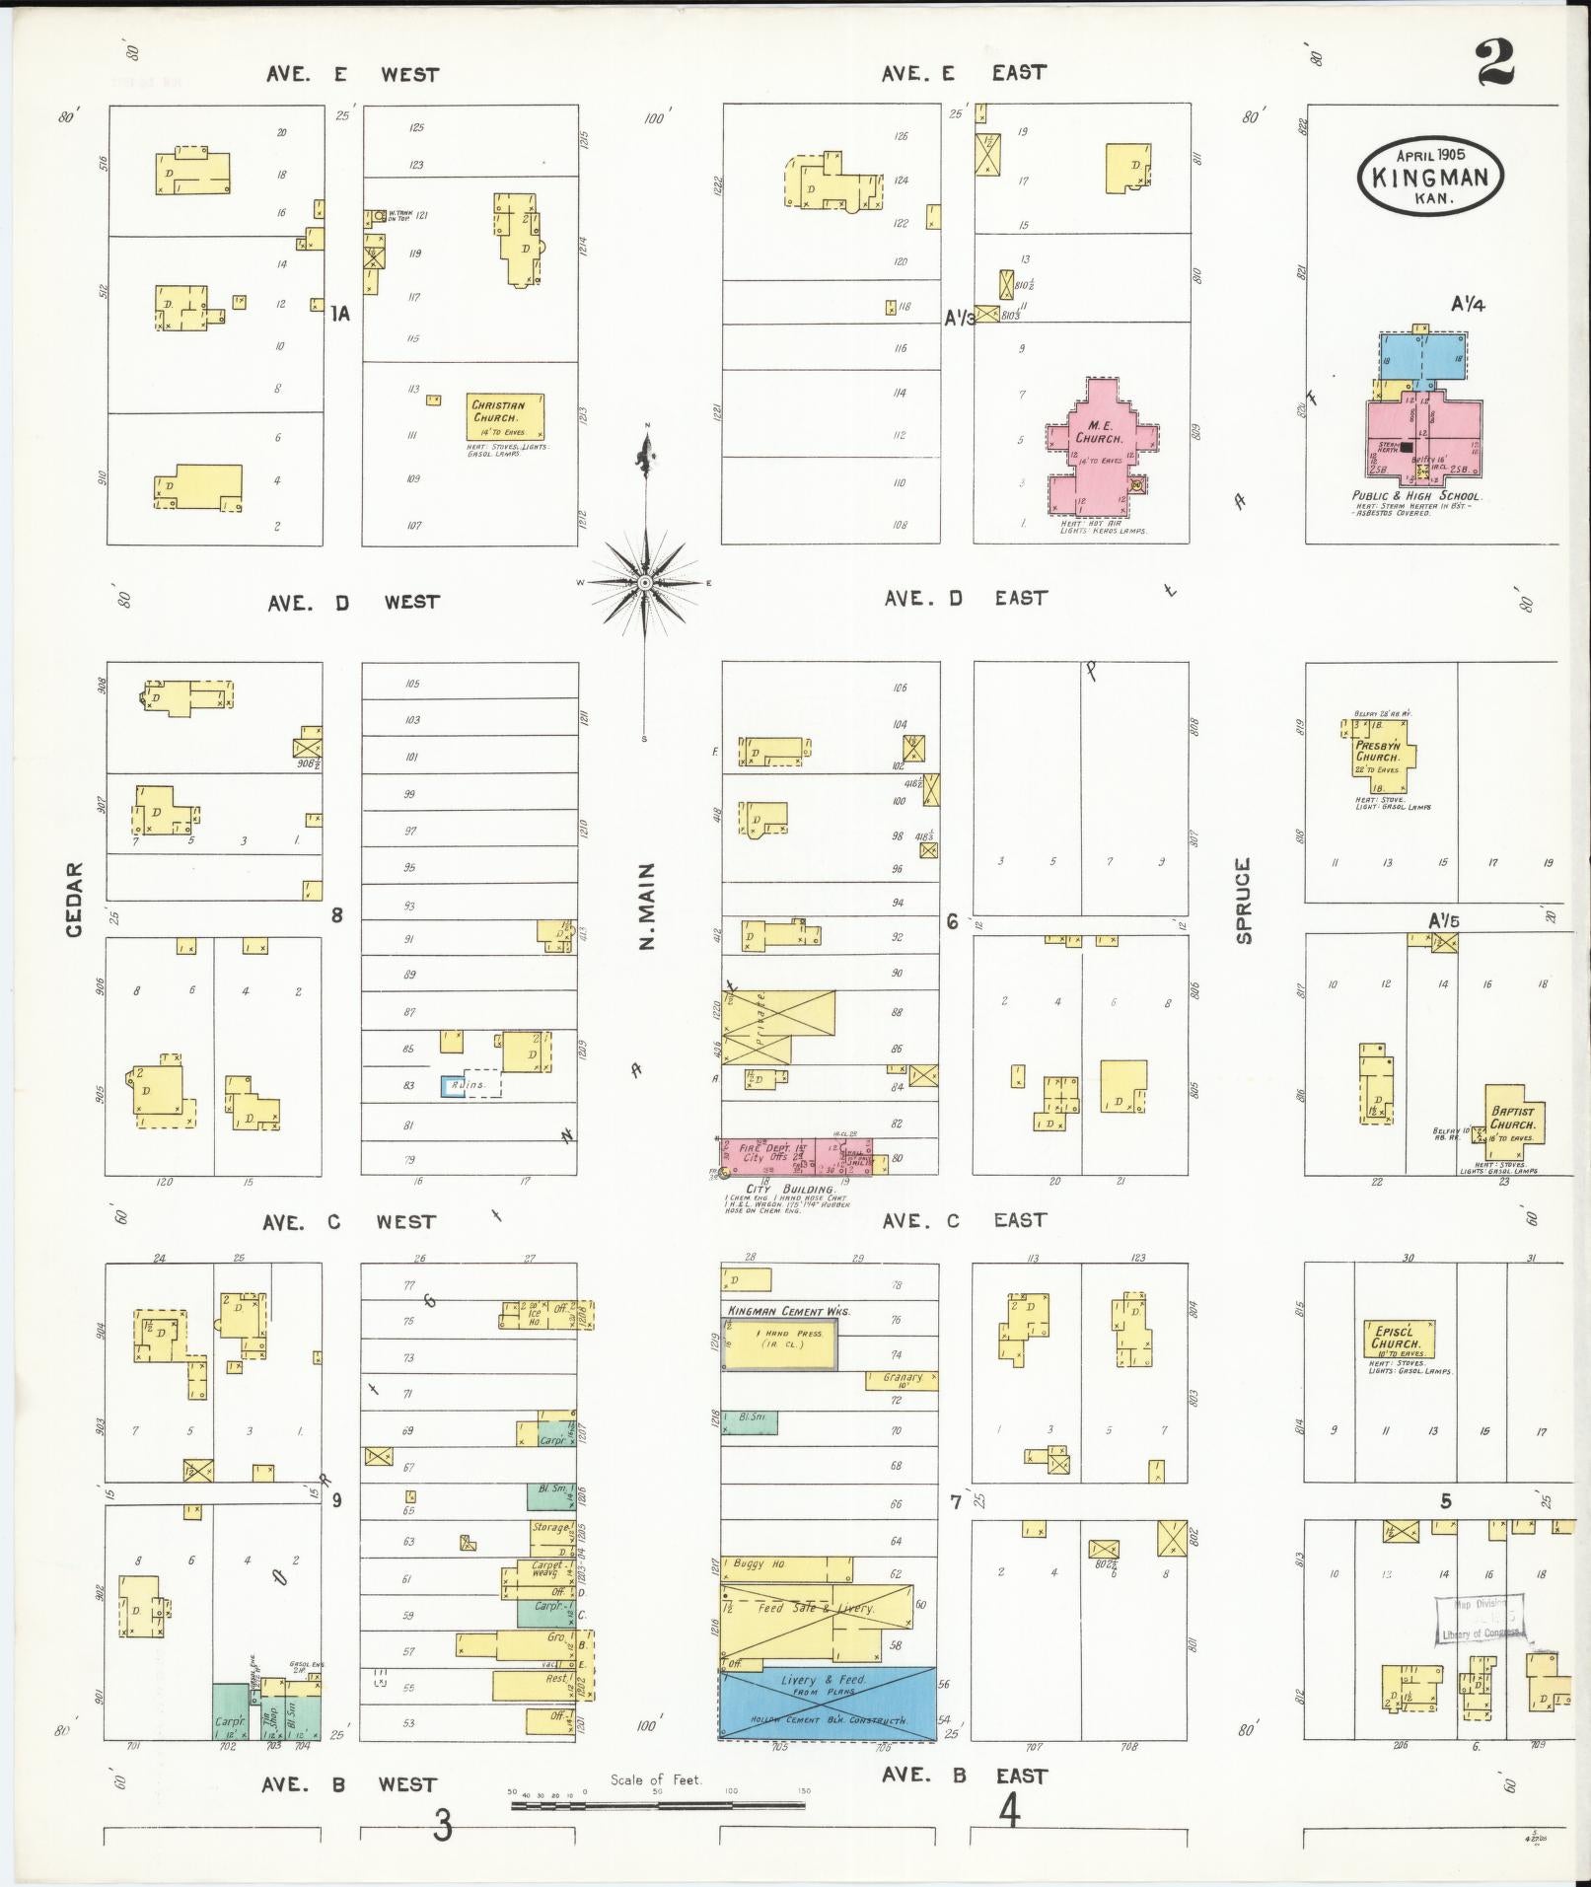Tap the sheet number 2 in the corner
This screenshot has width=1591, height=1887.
pos(1495,63)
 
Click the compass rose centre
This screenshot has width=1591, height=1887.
pos(645,583)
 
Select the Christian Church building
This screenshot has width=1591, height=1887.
pos(505,416)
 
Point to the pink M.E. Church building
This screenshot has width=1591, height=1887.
pos(1102,444)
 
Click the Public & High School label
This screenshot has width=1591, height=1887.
pos(1416,496)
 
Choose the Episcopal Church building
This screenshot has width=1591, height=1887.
pos(1398,1341)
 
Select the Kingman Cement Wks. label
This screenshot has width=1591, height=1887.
pos(788,1311)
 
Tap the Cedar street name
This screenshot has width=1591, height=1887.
pos(75,899)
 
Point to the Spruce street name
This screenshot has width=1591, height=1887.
pos(1243,900)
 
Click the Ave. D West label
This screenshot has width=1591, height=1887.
pos(353,602)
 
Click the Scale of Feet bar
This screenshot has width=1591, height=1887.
pos(657,1805)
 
